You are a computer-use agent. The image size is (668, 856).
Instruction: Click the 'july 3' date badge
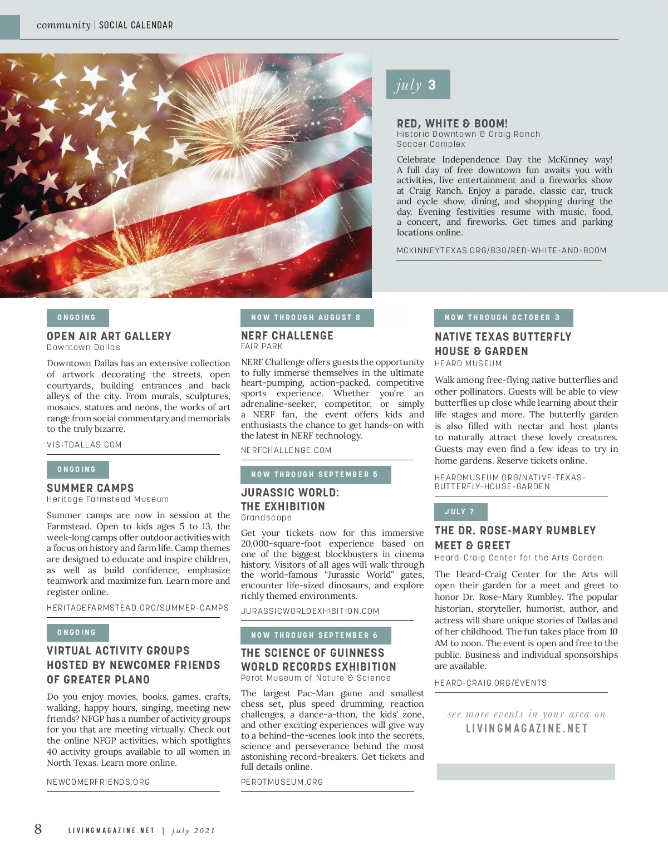pos(417,85)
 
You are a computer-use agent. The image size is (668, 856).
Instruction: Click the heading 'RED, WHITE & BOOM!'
pos(452,124)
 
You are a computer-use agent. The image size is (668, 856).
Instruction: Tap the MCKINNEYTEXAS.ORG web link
pos(501,250)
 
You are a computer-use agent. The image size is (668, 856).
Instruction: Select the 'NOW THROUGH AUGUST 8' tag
pos(307,318)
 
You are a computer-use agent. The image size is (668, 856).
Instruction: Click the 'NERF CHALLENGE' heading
pos(287,336)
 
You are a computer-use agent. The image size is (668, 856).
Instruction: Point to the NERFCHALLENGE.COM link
pos(286,450)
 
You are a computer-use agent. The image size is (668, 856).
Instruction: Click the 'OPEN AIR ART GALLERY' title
pos(109,336)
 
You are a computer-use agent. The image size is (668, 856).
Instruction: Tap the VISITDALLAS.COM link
pos(84,445)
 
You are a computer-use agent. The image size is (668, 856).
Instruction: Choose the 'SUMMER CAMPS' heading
pos(90,488)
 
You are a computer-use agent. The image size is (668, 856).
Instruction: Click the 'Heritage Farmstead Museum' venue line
pos(107,499)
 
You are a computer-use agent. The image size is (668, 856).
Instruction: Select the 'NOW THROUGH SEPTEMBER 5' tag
pos(315,475)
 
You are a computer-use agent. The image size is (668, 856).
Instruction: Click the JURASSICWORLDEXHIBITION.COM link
pos(310,611)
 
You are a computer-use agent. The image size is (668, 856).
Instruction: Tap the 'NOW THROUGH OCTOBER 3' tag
pos(503,318)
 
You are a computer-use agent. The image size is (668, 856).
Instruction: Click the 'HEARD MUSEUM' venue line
pos(468,363)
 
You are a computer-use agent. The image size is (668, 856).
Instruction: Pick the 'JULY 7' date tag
pos(460,512)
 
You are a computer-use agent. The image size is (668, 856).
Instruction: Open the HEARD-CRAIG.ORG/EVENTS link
pos(490,683)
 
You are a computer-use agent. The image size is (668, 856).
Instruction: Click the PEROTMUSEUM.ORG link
pos(282,782)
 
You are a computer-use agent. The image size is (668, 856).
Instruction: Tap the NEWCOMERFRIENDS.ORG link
pos(99,782)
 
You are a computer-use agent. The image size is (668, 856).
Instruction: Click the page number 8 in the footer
pos(38,829)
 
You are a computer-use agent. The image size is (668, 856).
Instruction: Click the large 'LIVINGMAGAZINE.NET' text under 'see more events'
pos(527,729)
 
